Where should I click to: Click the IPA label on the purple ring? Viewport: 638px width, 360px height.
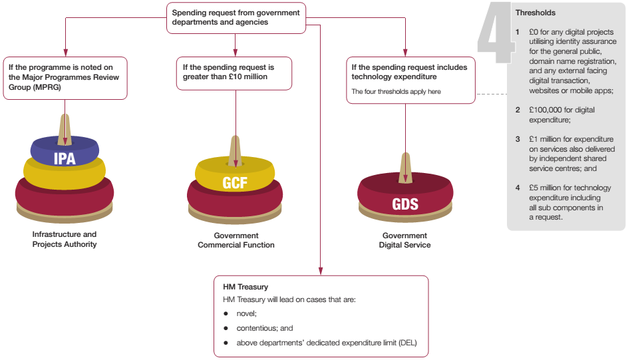point(65,158)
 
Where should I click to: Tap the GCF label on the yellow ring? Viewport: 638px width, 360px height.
point(235,182)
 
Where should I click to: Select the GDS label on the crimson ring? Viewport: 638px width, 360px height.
point(405,204)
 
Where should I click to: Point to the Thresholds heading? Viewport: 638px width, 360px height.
point(535,13)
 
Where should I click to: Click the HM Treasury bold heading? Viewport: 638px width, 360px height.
point(245,287)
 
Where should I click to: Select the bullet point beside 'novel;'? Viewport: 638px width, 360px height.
point(226,313)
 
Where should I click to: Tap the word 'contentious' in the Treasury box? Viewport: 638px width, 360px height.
point(256,328)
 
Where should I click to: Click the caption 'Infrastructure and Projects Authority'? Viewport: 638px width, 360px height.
point(65,240)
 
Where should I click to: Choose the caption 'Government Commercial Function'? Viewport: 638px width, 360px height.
point(236,240)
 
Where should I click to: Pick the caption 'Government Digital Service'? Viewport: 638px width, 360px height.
point(405,240)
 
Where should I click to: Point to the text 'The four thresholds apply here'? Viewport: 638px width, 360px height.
point(396,91)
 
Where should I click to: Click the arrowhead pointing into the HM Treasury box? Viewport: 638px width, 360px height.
point(321,271)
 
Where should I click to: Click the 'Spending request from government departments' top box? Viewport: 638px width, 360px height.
point(236,17)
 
